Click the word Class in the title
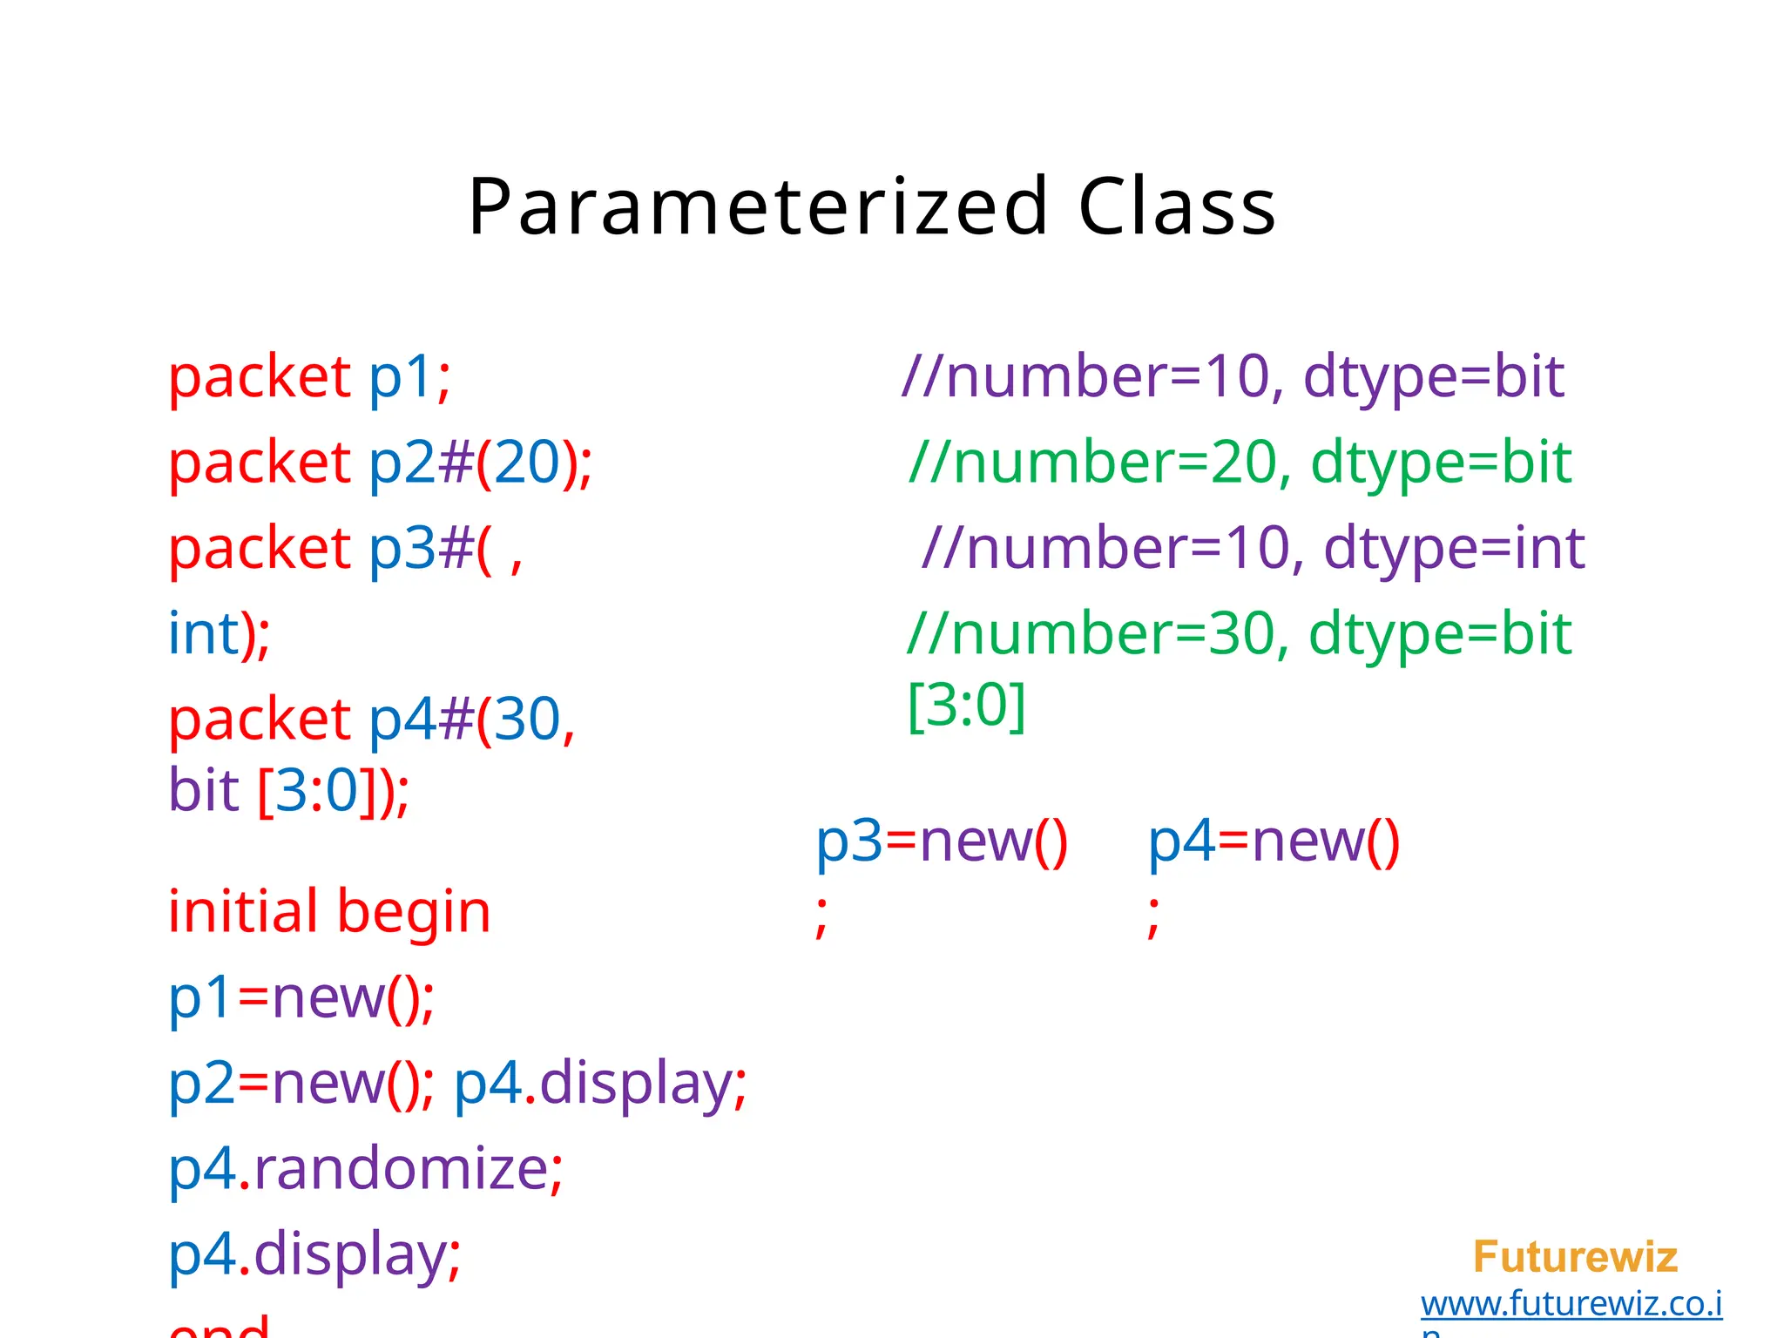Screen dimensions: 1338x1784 coord(1177,207)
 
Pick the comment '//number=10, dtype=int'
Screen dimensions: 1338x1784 coord(1253,548)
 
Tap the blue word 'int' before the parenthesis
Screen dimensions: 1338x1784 coord(203,633)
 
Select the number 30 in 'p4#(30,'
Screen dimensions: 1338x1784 coord(527,720)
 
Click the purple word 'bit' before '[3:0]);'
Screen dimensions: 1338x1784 coord(203,790)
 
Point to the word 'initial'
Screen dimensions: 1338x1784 coord(243,912)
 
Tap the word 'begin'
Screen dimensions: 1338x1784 coord(414,912)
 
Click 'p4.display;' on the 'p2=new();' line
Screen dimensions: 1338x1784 coord(600,1083)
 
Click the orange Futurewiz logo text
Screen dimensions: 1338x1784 coord(1575,1257)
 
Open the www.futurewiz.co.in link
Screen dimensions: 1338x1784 coord(1571,1304)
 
